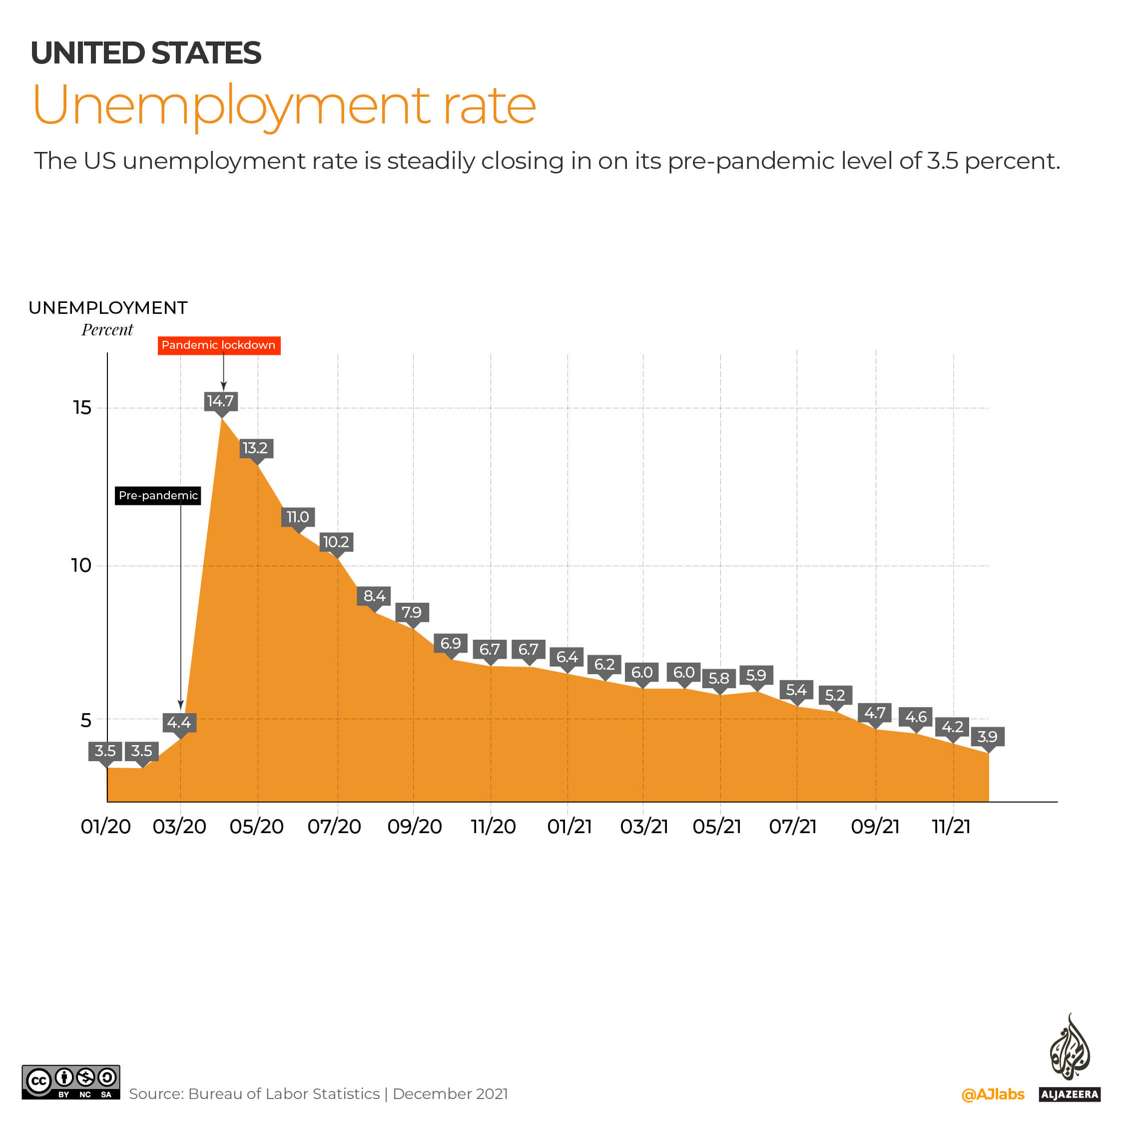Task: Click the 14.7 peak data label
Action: click(221, 401)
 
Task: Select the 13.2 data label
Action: click(256, 448)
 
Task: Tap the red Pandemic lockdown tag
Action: click(219, 345)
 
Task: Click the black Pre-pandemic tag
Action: click(158, 496)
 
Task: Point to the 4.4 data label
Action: click(179, 723)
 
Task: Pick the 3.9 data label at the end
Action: click(987, 737)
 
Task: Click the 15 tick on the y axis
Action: click(82, 408)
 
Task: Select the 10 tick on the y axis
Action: click(81, 565)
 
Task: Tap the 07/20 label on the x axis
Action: click(334, 826)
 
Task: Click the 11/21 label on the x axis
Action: click(951, 826)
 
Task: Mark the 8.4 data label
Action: click(374, 596)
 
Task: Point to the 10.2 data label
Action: click(336, 542)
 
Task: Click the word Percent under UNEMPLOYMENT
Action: click(107, 330)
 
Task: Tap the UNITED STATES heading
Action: click(145, 53)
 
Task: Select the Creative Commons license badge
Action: click(71, 1082)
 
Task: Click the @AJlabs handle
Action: click(993, 1094)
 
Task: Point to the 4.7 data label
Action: click(874, 713)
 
